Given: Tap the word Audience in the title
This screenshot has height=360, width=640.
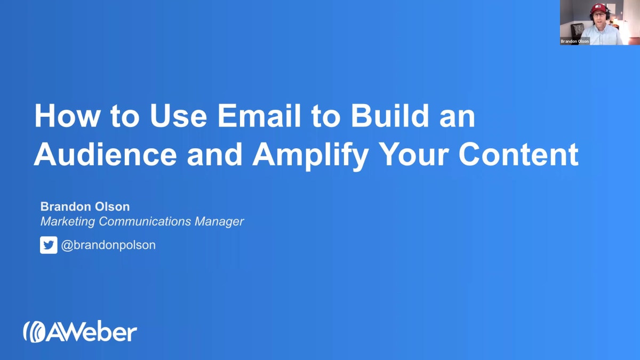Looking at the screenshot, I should [x=105, y=154].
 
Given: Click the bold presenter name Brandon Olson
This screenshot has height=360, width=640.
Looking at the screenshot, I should [x=85, y=206].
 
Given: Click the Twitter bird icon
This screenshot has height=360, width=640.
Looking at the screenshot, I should [x=49, y=245].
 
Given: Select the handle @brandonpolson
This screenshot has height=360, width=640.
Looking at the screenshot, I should [x=108, y=245].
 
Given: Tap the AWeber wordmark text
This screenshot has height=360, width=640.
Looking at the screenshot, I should [x=92, y=332].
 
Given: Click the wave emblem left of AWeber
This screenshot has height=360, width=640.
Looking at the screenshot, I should [x=33, y=332].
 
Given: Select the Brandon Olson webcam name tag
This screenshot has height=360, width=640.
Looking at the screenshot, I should [x=575, y=41].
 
